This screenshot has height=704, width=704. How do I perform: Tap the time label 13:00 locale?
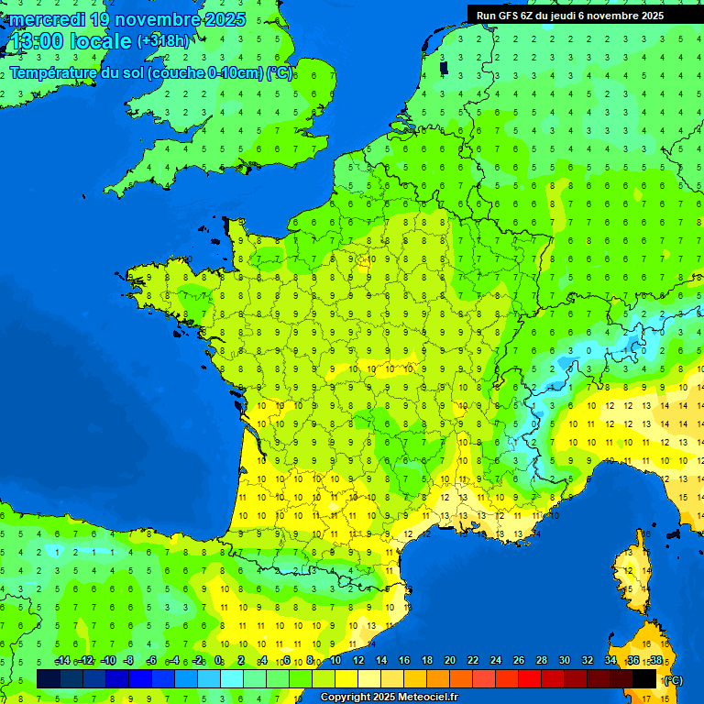click(x=70, y=42)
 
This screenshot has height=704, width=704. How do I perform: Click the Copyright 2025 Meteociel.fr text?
click(x=389, y=697)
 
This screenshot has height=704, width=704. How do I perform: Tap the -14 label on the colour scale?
click(x=62, y=660)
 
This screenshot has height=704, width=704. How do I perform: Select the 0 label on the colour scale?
click(x=219, y=660)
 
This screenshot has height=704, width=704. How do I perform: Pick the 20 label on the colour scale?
click(x=449, y=660)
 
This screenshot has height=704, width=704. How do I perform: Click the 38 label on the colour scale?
click(x=655, y=660)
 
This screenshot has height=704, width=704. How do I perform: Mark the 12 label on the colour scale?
click(x=357, y=660)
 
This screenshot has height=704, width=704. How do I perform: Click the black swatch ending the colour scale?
click(x=644, y=678)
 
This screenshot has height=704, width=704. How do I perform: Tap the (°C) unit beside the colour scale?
click(x=674, y=680)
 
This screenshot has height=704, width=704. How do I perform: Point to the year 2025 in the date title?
click(x=225, y=19)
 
